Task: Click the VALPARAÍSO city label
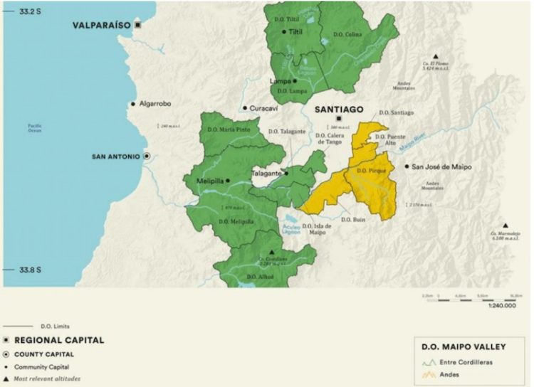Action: coord(101,25)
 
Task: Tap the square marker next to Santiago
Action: coord(338,119)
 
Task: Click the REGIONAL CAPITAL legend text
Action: coord(59,340)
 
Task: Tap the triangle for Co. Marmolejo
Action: coord(506,225)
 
